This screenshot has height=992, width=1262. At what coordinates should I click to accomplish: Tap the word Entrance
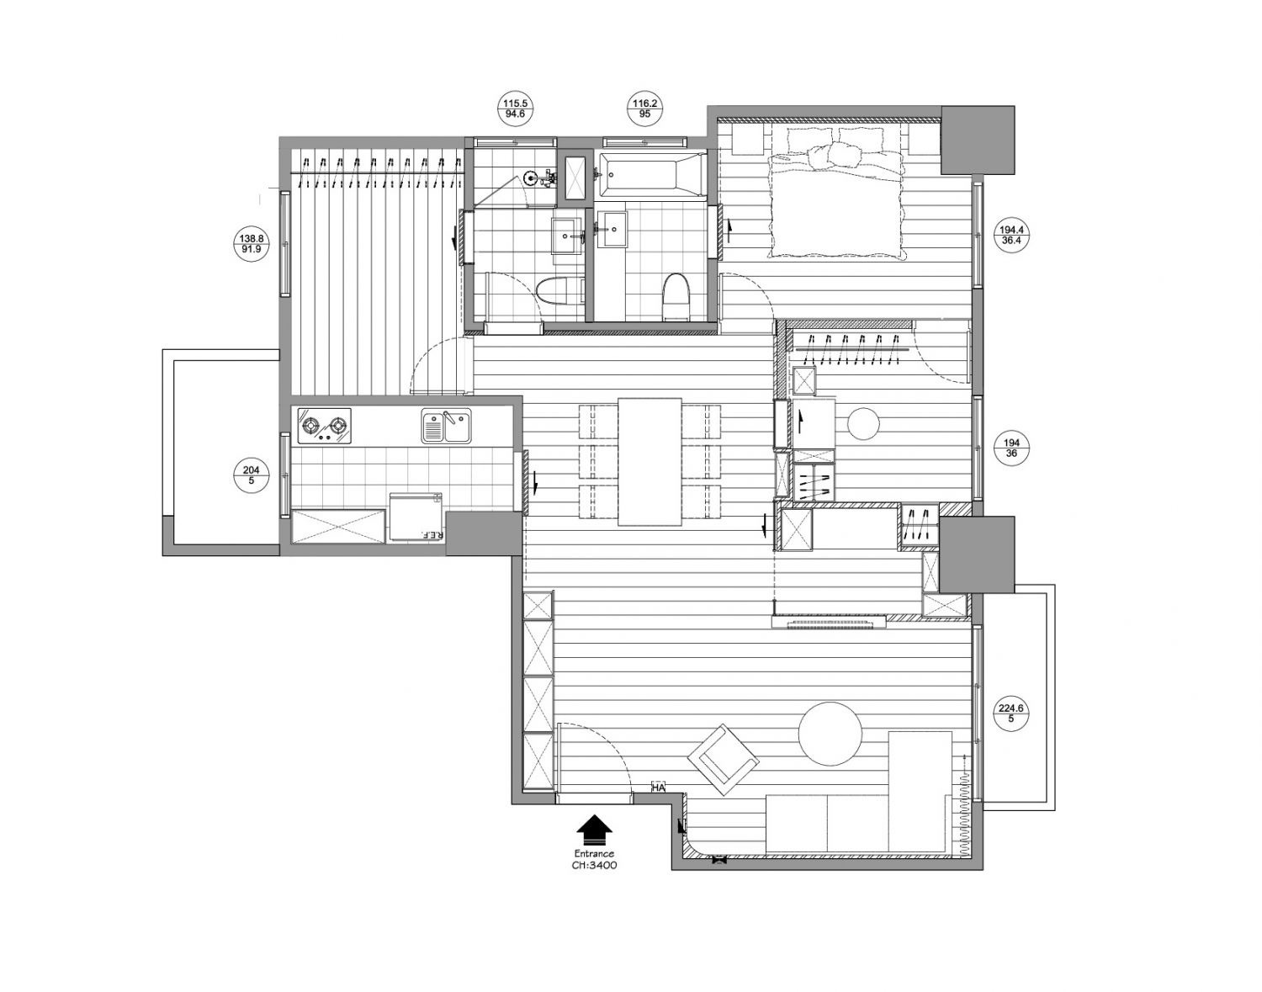tap(594, 853)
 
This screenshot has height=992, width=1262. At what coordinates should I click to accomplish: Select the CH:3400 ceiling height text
tap(594, 865)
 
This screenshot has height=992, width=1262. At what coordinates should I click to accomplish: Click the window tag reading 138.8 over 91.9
tap(252, 243)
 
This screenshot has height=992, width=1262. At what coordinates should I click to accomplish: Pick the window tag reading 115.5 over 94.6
tap(515, 109)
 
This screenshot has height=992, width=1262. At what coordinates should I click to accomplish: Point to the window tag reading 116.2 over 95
tap(644, 109)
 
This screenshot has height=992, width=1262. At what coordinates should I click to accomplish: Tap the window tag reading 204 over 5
tap(252, 475)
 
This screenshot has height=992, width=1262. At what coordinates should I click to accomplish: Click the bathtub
tap(651, 174)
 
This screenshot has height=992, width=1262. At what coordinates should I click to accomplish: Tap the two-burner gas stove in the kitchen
tap(324, 427)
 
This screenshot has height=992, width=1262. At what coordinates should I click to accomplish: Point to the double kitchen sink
tap(446, 425)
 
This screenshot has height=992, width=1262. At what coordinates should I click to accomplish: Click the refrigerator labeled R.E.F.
tap(416, 517)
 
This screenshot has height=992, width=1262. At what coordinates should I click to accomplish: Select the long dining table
tap(650, 461)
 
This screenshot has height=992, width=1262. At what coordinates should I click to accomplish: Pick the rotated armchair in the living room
tap(722, 760)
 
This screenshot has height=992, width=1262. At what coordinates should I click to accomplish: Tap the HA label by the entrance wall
tap(657, 788)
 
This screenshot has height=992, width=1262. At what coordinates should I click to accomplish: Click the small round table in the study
tap(863, 423)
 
